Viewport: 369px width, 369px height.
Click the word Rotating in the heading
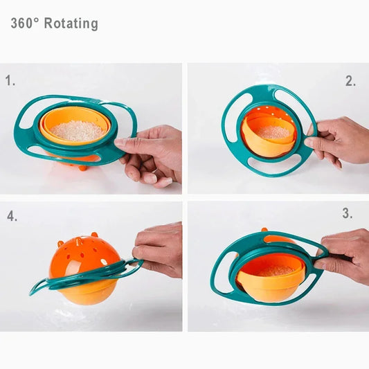tap(71, 24)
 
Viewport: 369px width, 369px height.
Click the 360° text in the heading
tap(25, 24)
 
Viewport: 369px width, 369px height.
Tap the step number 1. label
tap(10, 81)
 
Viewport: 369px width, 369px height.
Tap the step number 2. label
tap(350, 81)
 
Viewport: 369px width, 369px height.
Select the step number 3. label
tap(347, 214)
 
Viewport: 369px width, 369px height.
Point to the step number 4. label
tap(11, 216)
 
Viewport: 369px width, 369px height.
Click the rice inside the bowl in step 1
tap(77, 131)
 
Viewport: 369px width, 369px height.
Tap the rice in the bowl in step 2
tap(273, 132)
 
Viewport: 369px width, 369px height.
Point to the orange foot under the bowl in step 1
tap(83, 167)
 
